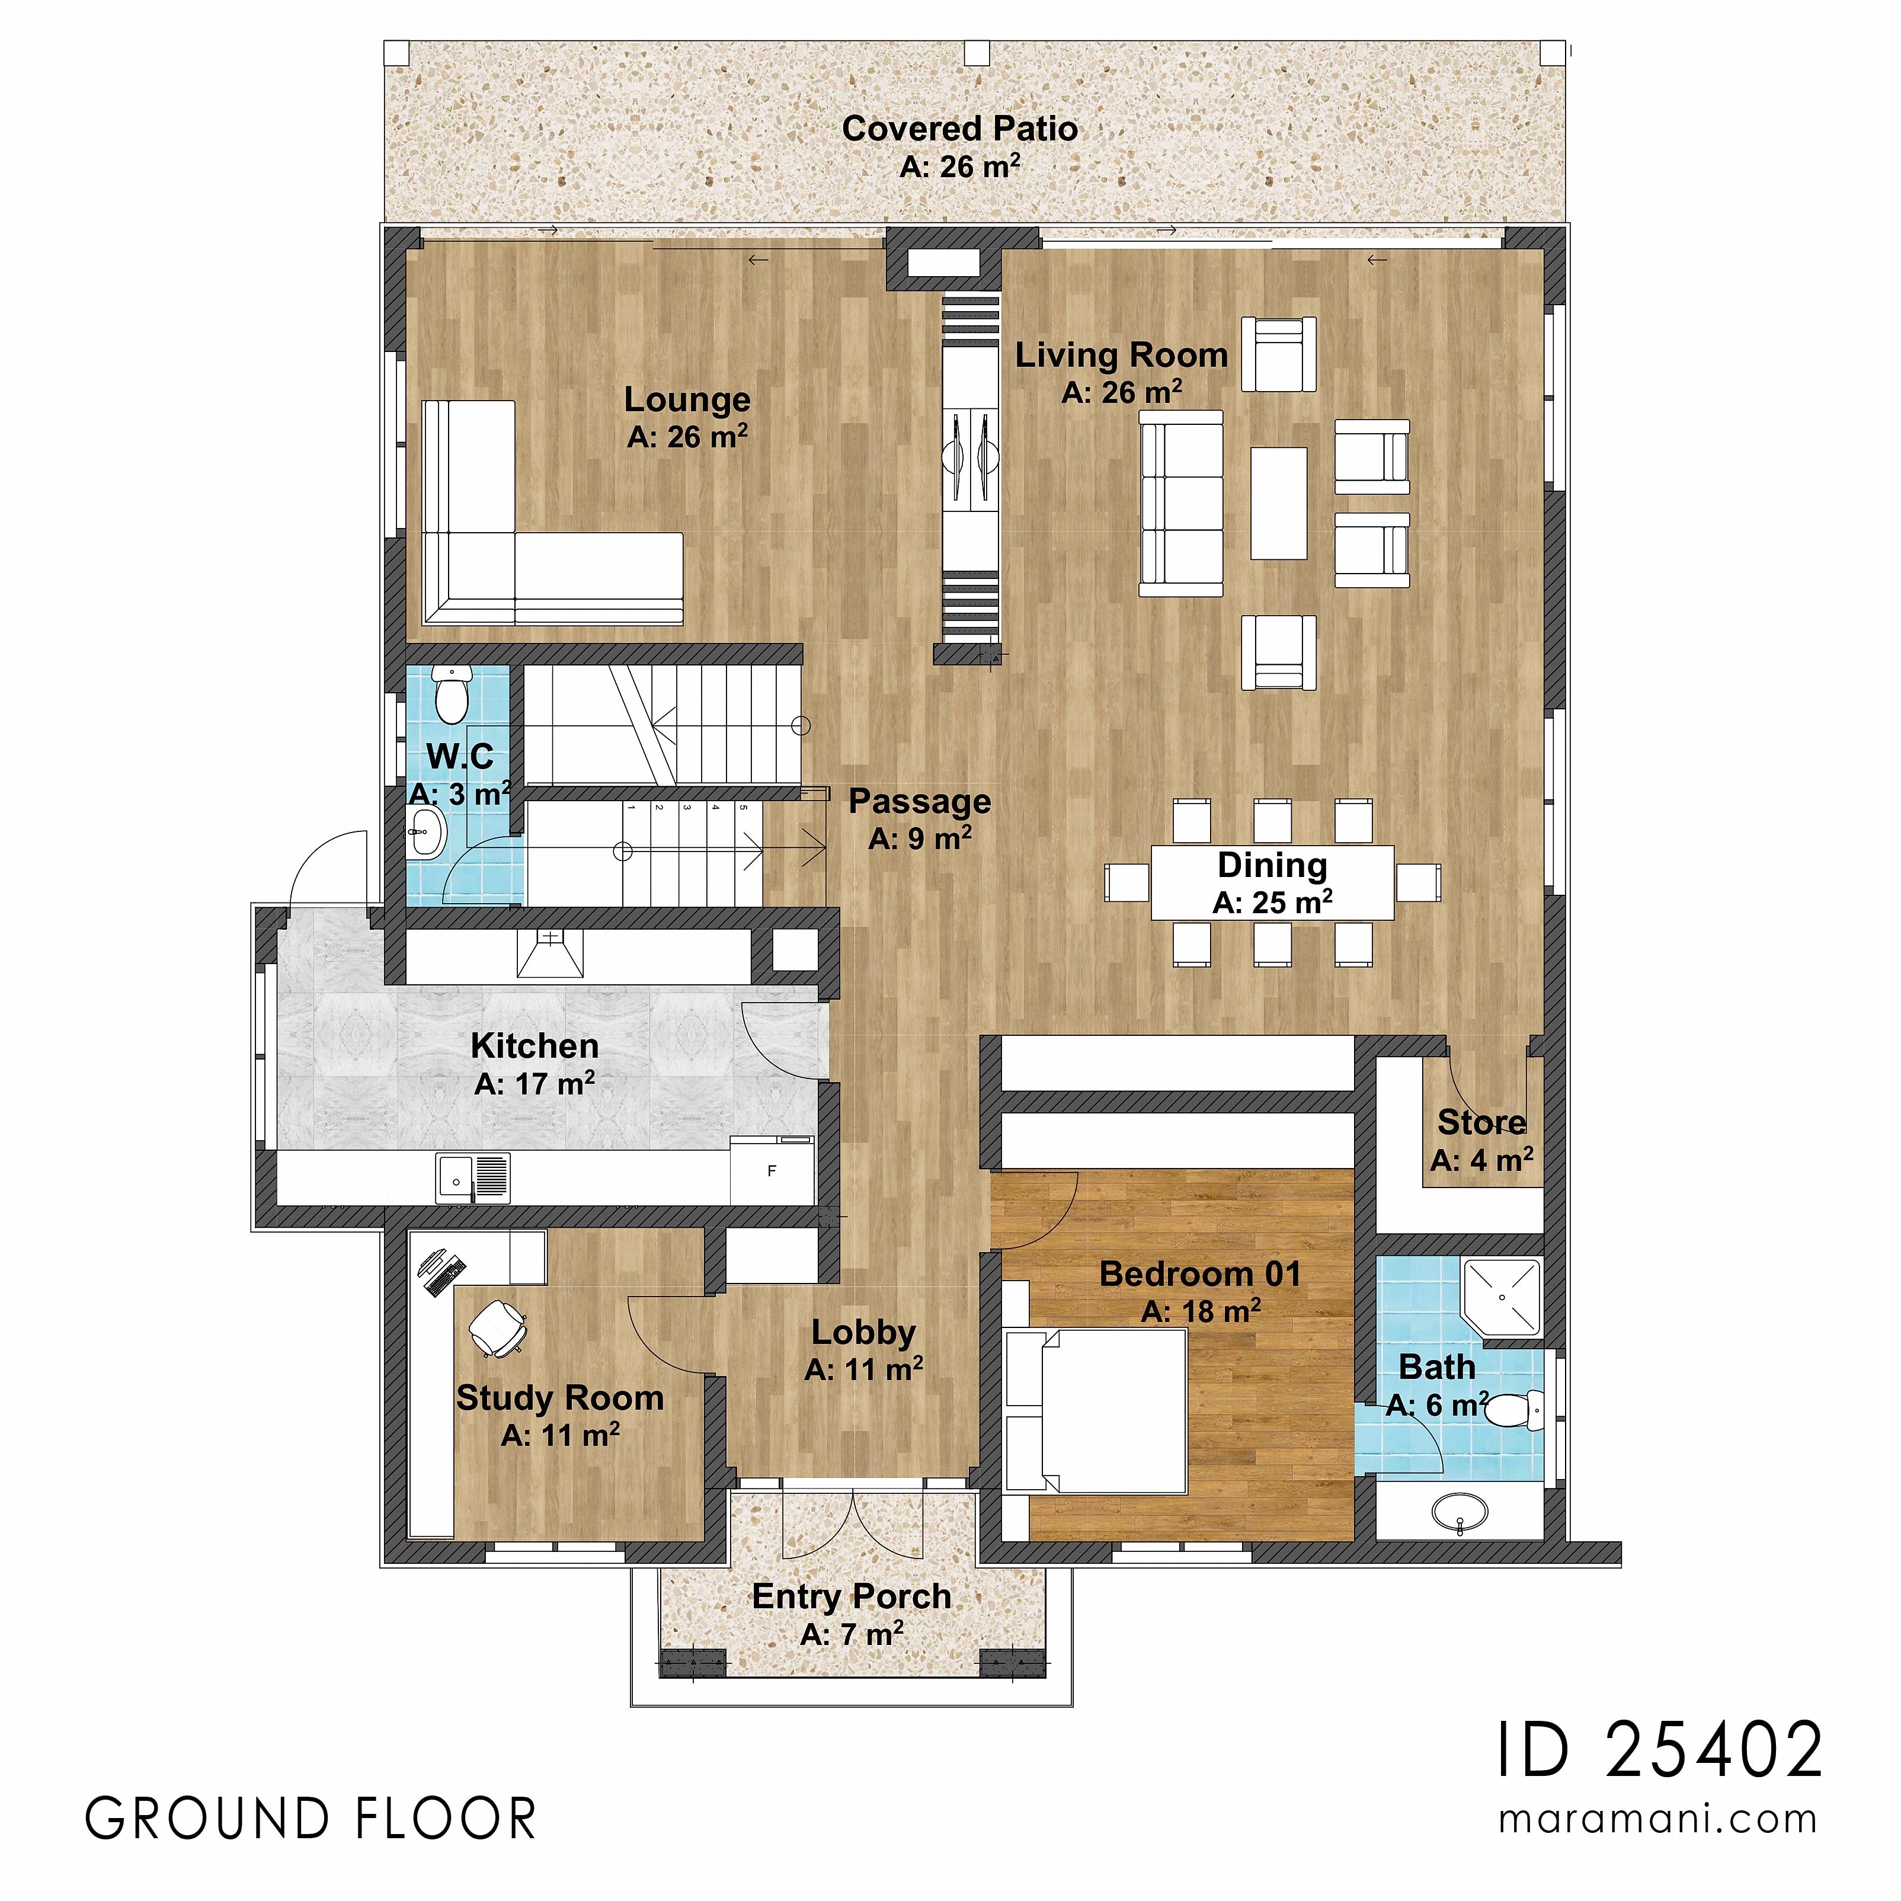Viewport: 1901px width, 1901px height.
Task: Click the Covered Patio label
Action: coord(959,129)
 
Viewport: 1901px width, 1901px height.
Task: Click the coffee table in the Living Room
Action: coord(1278,503)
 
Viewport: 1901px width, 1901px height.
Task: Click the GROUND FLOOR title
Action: coord(311,1819)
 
